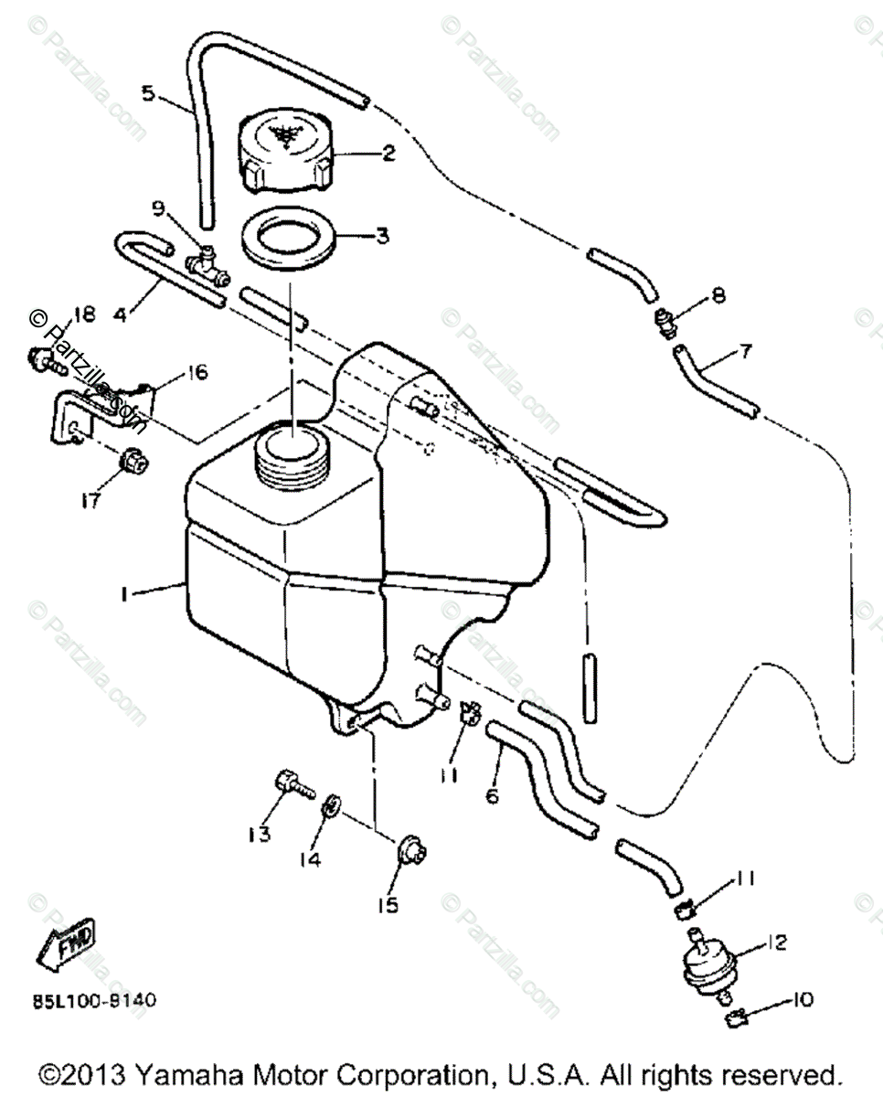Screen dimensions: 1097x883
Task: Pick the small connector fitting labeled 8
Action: pyautogui.click(x=665, y=323)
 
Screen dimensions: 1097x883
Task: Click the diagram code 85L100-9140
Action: pyautogui.click(x=94, y=1000)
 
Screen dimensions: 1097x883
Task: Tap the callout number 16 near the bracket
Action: pyautogui.click(x=196, y=372)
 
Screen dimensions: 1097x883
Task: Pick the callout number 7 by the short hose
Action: pyautogui.click(x=747, y=351)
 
